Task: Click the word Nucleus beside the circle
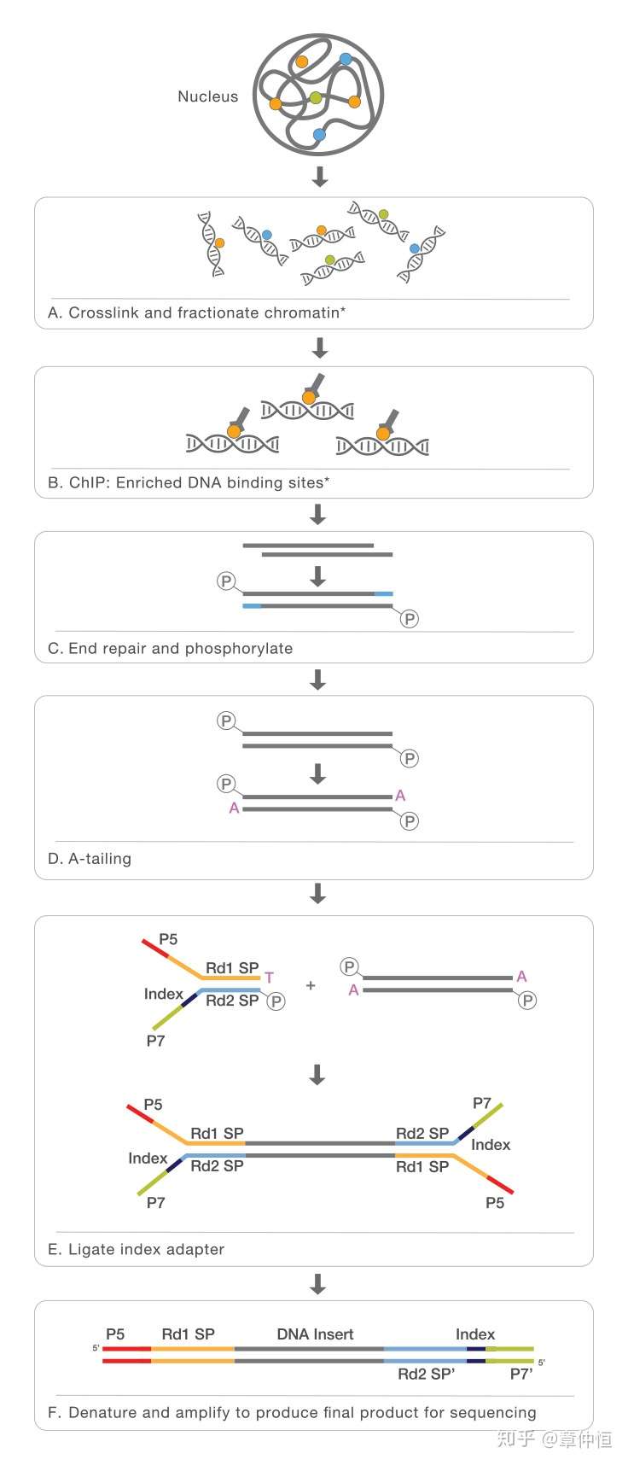pos(207,96)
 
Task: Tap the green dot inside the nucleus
pos(315,97)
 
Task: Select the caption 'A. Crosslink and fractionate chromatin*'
pos(197,312)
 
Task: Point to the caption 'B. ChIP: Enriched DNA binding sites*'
pos(189,482)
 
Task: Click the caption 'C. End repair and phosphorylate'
pos(171,648)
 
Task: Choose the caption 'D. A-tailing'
pos(90,858)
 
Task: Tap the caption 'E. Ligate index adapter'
pos(137,1249)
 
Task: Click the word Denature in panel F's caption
pos(103,1412)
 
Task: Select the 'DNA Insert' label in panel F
pos(315,1334)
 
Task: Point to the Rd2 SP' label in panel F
pos(427,1375)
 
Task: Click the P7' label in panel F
pos(521,1375)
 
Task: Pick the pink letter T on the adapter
pos(269,978)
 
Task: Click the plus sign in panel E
pos(311,985)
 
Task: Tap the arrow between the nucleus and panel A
pos(319,177)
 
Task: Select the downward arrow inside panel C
pos(318,576)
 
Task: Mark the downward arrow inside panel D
pos(318,773)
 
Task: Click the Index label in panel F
pos(475,1334)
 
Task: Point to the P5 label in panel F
pos(115,1334)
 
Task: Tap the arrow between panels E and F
pos(318,1284)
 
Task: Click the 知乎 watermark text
pos(516,1439)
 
